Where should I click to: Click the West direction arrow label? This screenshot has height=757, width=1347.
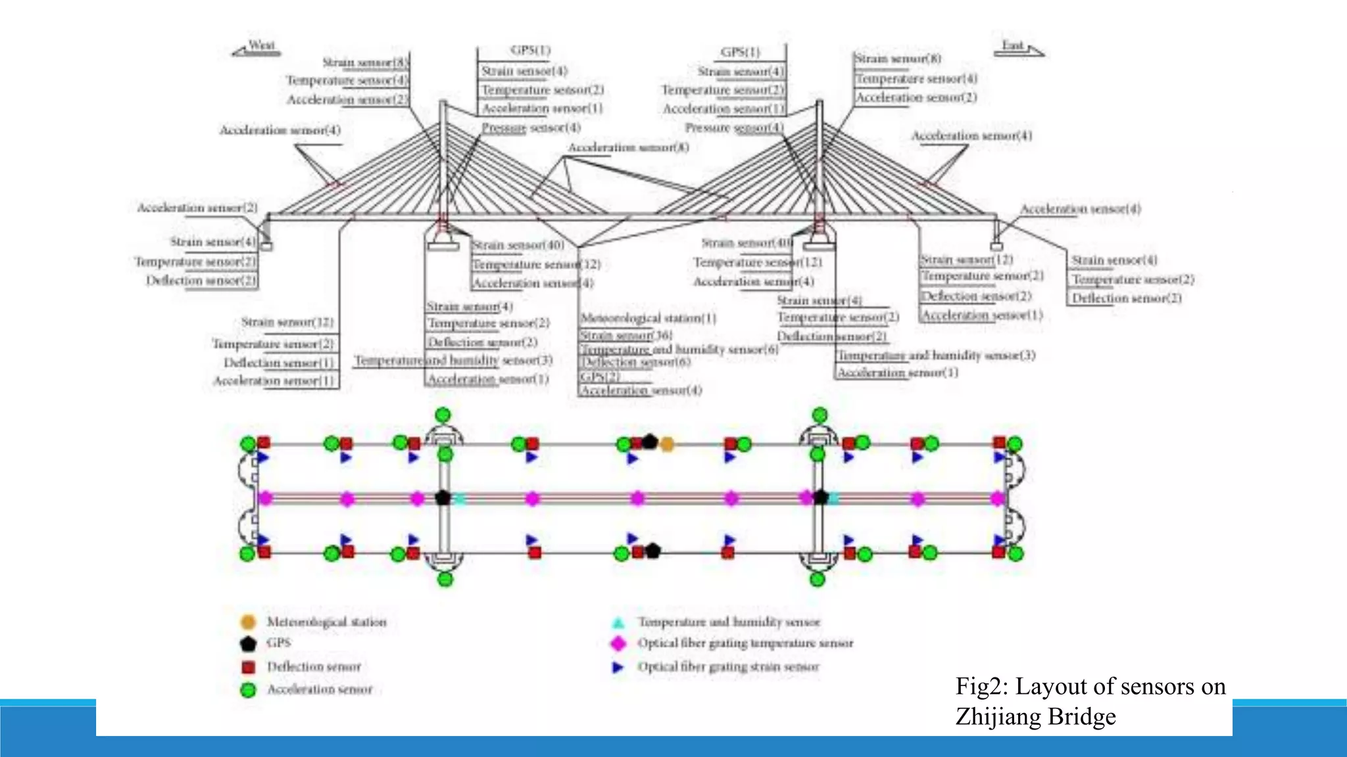(x=257, y=48)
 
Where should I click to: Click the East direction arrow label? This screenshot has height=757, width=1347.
(x=1017, y=48)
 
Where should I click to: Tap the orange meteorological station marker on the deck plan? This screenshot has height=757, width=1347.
(x=667, y=445)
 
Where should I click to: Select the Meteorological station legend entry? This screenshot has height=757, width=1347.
(x=326, y=622)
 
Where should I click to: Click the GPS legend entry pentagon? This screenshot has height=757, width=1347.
(x=248, y=643)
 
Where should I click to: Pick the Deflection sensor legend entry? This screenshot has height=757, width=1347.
(x=313, y=666)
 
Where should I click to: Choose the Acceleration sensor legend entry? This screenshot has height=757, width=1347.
(x=319, y=689)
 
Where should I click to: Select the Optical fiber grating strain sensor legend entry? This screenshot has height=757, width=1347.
(x=727, y=666)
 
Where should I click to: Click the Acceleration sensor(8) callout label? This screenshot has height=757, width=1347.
(x=628, y=147)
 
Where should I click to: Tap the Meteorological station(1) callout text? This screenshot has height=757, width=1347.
(x=648, y=318)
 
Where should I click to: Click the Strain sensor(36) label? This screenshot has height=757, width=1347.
(x=625, y=335)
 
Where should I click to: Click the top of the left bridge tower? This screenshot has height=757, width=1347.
(x=443, y=103)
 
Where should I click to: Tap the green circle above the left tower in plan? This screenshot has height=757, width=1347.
(x=443, y=415)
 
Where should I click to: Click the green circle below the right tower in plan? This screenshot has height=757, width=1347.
(x=817, y=579)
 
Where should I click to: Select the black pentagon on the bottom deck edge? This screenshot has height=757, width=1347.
(x=652, y=551)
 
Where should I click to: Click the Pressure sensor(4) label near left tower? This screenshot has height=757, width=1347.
(x=531, y=127)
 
